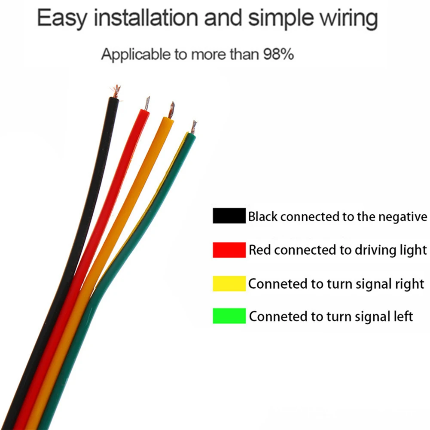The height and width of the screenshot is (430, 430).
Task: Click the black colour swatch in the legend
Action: (229, 216)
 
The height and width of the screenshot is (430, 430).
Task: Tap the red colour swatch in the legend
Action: (229, 250)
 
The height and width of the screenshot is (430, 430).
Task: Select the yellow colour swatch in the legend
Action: (229, 283)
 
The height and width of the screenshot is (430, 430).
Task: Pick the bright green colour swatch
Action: (229, 316)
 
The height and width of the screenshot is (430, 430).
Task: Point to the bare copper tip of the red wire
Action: (147, 104)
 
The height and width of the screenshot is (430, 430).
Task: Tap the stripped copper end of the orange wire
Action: (172, 110)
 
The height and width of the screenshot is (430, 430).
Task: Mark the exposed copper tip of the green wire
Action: (194, 127)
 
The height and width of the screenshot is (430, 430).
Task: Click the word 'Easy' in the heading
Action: (62, 18)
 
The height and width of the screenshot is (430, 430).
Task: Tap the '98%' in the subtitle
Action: (278, 54)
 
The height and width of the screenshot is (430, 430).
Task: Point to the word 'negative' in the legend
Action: (403, 217)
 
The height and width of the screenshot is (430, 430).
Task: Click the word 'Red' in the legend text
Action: (260, 250)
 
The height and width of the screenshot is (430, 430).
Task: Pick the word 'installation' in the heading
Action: (146, 18)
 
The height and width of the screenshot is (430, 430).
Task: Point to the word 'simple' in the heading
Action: (281, 18)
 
